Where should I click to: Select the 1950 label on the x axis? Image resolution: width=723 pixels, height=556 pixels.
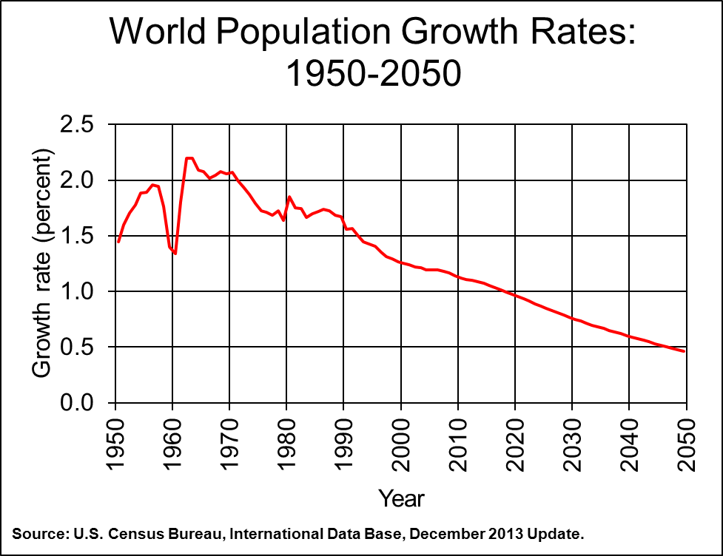(115, 444)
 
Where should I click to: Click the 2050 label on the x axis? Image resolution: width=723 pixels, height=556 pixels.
(686, 444)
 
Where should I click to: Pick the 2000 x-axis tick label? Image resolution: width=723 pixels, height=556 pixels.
(401, 444)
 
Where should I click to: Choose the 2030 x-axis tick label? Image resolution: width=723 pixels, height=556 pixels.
(572, 444)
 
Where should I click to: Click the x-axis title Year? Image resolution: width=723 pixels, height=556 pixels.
(401, 498)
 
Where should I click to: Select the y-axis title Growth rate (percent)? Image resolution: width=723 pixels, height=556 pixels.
(43, 264)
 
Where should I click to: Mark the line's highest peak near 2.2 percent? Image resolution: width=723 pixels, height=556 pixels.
(189, 157)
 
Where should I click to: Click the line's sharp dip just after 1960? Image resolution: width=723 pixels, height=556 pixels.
(175, 254)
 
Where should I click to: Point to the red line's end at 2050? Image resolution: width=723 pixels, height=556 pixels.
(685, 351)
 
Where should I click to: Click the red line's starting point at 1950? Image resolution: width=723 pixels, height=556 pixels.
(118, 242)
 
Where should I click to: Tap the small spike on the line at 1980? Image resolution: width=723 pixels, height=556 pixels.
(289, 197)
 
